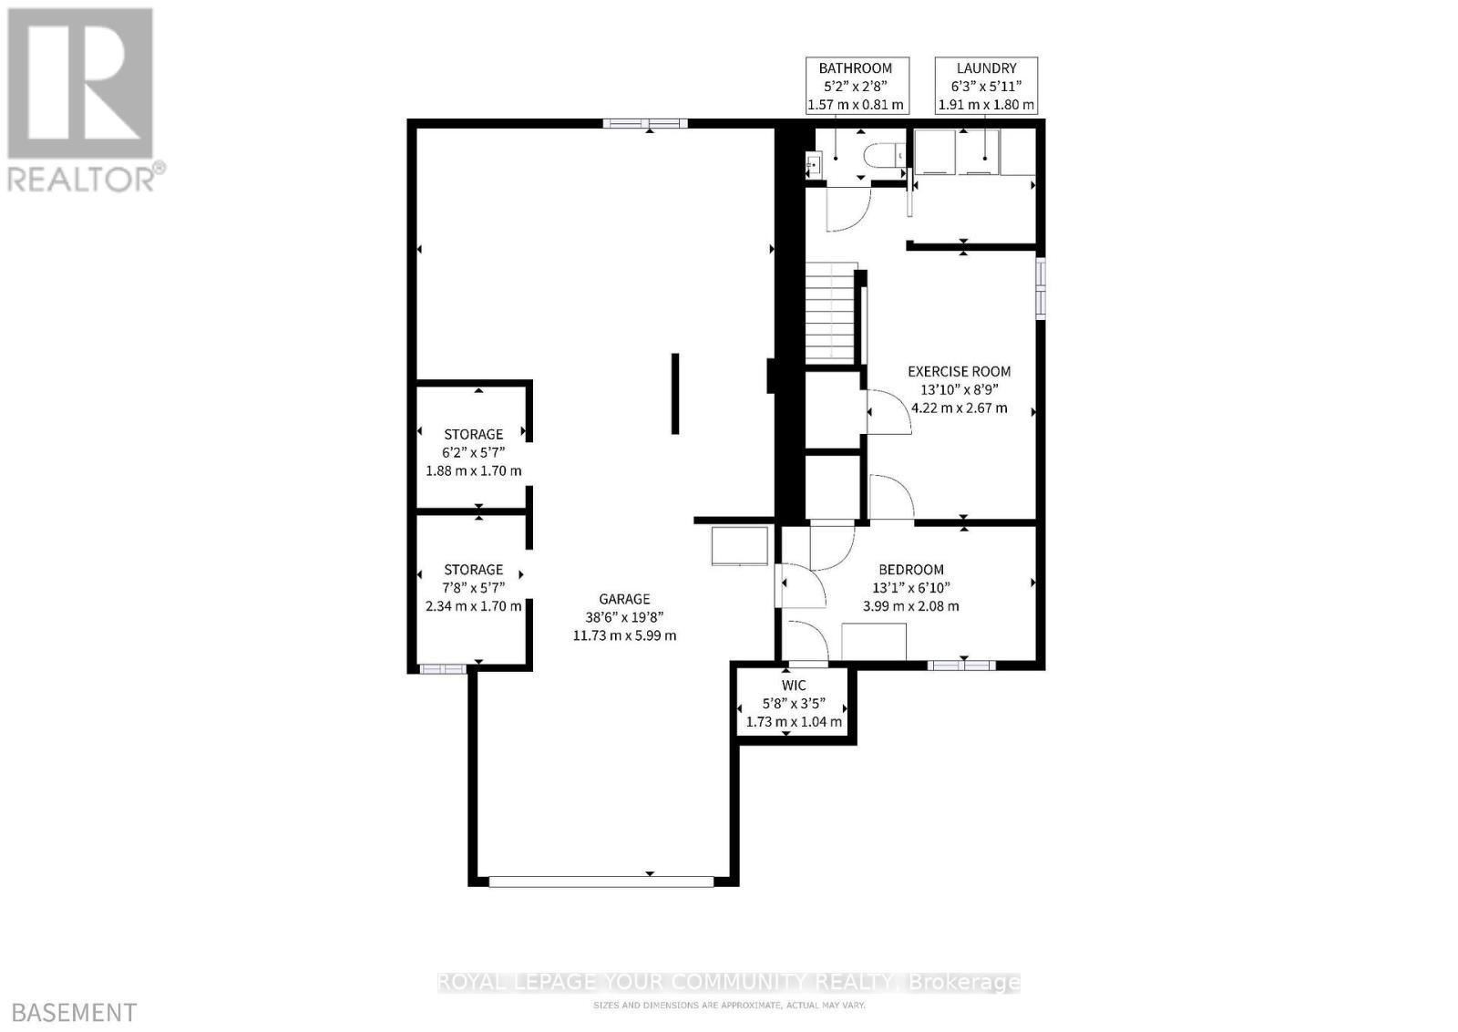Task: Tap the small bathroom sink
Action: pyautogui.click(x=815, y=164)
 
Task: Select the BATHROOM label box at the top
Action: pyautogui.click(x=855, y=86)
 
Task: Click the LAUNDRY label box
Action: pyautogui.click(x=986, y=86)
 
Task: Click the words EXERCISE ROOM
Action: pyautogui.click(x=959, y=371)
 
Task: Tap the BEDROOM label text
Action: pyautogui.click(x=910, y=570)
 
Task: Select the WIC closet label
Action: pyautogui.click(x=793, y=686)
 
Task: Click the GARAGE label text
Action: pyautogui.click(x=624, y=599)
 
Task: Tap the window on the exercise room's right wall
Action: pyautogui.click(x=1040, y=288)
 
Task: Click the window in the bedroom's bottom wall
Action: pyautogui.click(x=961, y=665)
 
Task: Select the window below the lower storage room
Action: pyautogui.click(x=443, y=668)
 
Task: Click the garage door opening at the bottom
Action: pyautogui.click(x=601, y=881)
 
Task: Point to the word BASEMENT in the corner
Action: pyautogui.click(x=75, y=1012)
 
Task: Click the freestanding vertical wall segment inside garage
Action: pyautogui.click(x=675, y=393)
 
